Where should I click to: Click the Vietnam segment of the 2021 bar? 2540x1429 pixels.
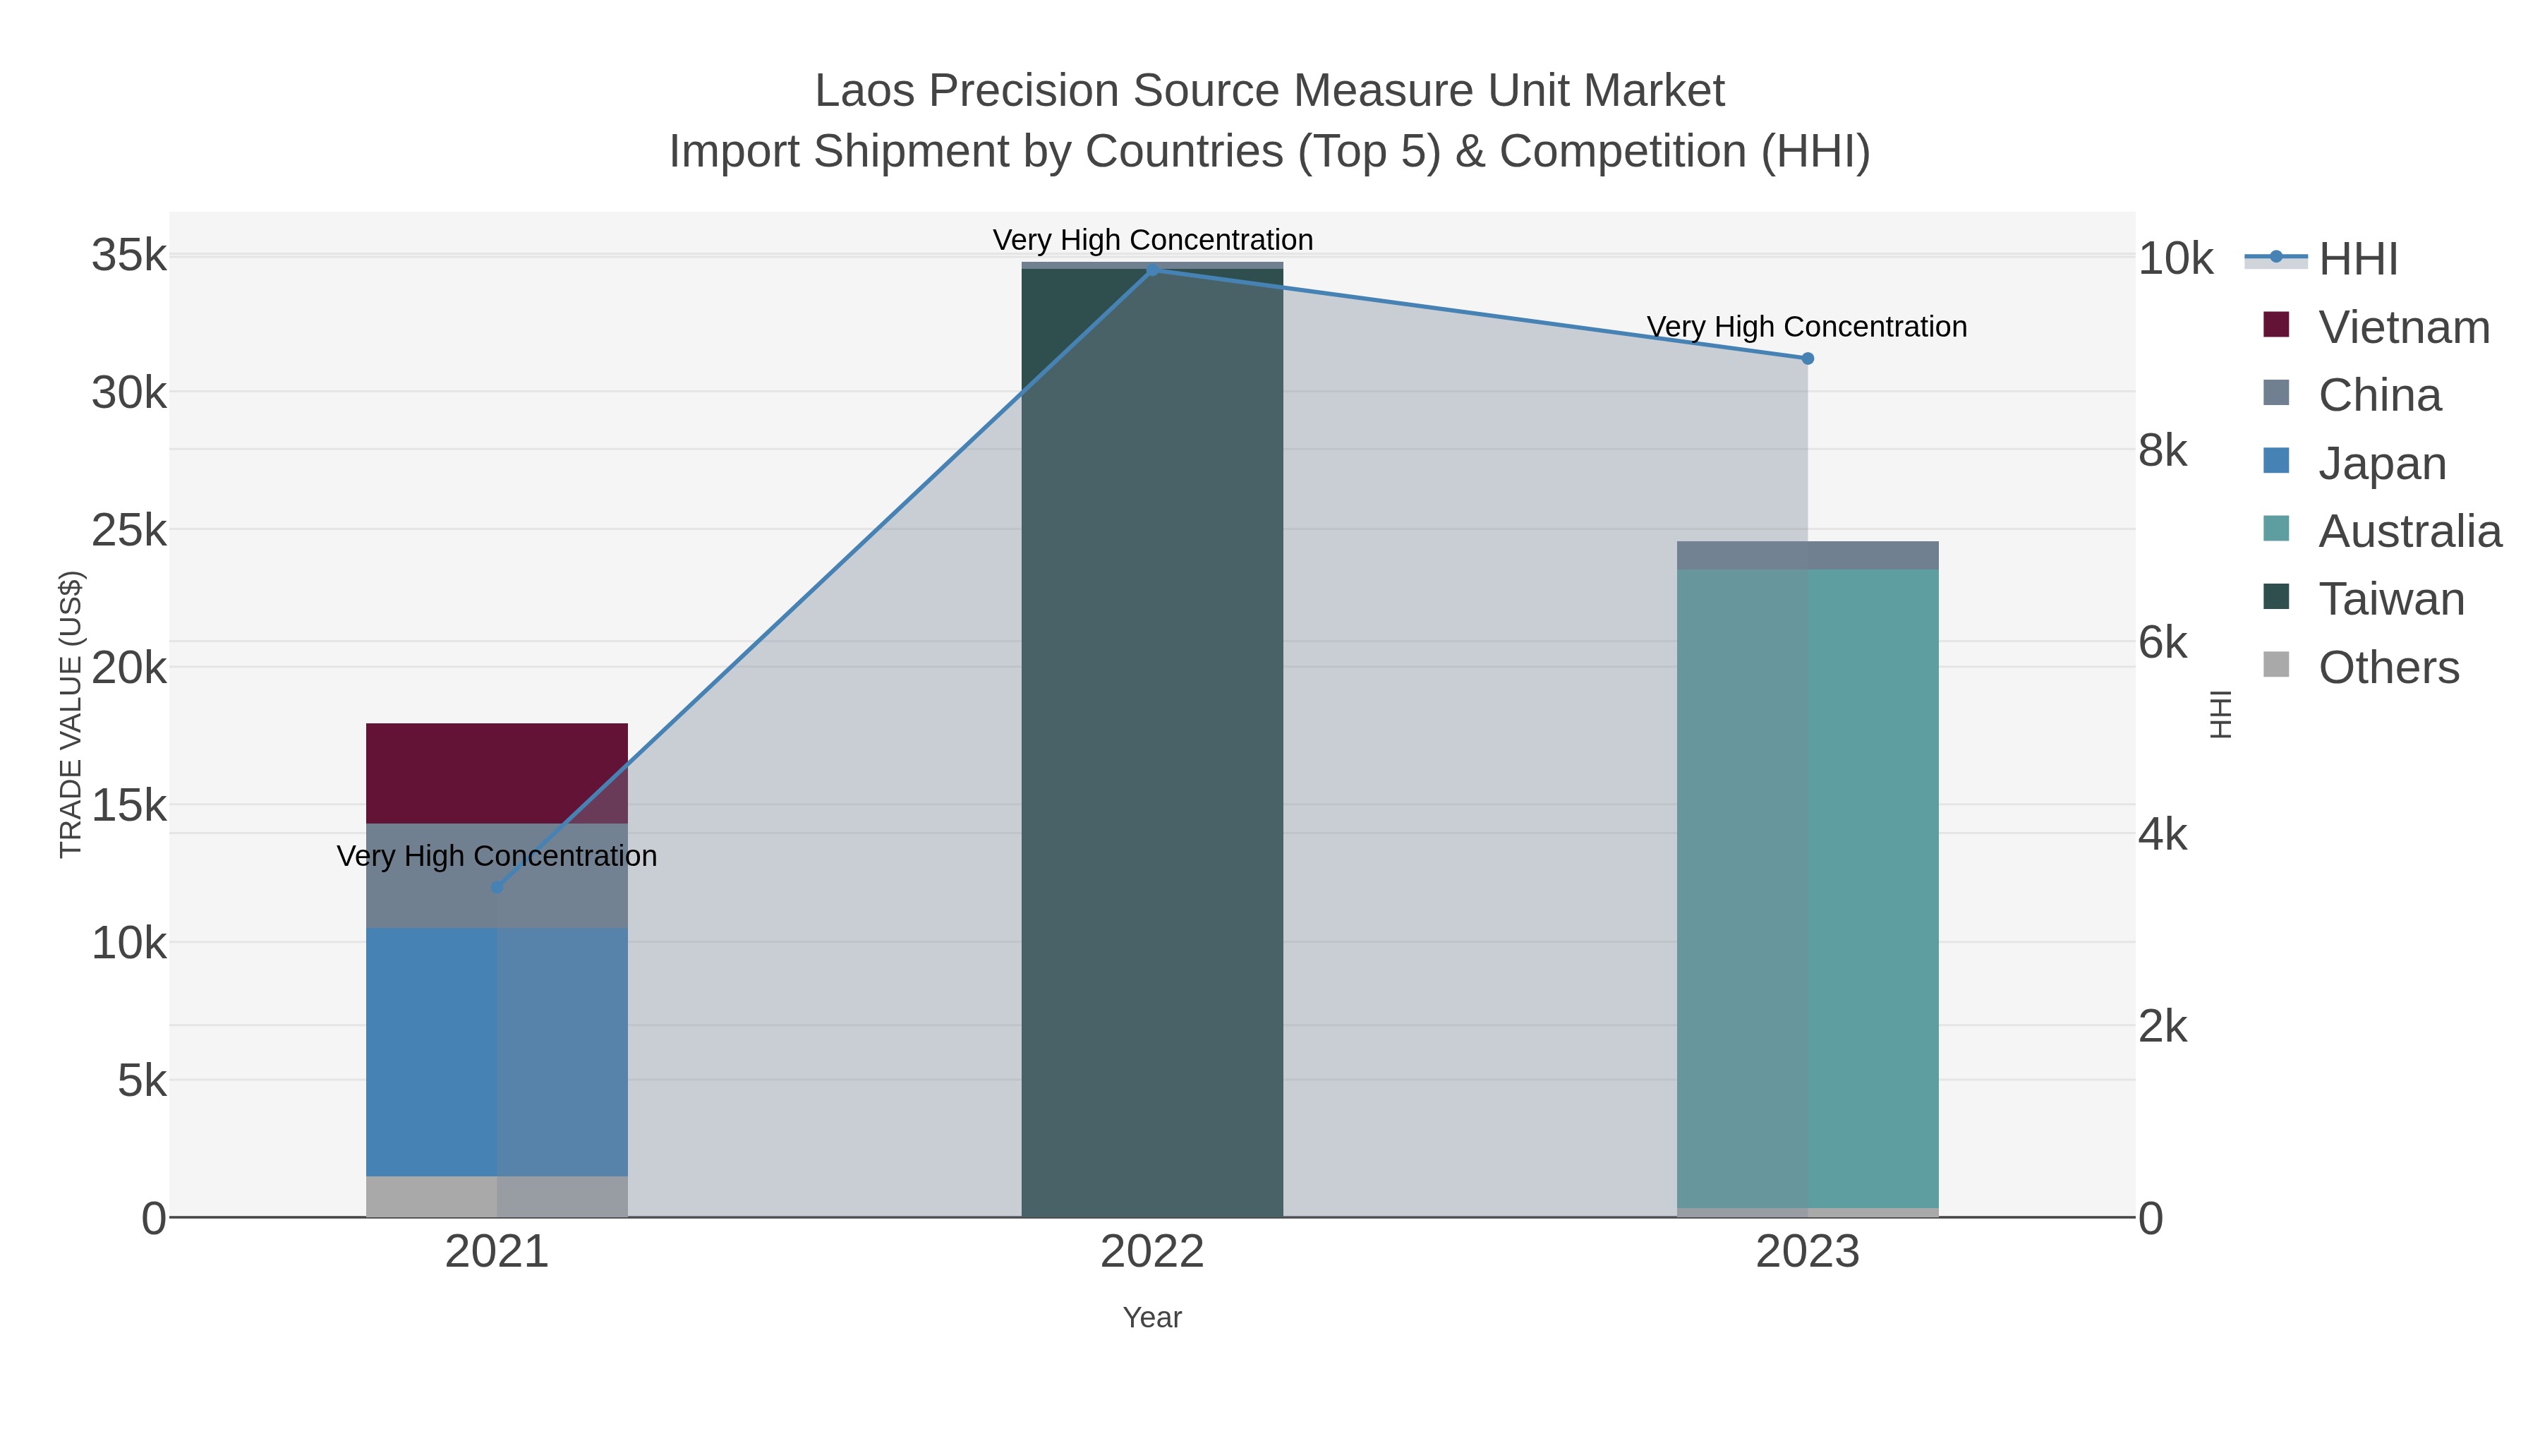pyautogui.click(x=497, y=773)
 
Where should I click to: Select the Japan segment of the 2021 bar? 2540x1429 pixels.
pyautogui.click(x=497, y=1051)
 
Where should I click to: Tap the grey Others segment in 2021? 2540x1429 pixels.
pyautogui.click(x=497, y=1196)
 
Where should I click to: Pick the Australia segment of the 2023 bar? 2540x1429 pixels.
pyautogui.click(x=1808, y=888)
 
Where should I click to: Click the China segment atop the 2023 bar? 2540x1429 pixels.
pyautogui.click(x=1808, y=555)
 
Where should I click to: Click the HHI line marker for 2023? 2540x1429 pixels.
pyautogui.click(x=1808, y=359)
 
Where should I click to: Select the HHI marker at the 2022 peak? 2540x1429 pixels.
pyautogui.click(x=1151, y=270)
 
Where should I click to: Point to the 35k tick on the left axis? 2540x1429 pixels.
pyautogui.click(x=128, y=255)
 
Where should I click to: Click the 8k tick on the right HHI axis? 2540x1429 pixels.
pyautogui.click(x=2163, y=451)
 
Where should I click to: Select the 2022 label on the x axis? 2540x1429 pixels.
pyautogui.click(x=1151, y=1251)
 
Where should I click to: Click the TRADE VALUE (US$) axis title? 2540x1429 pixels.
pyautogui.click(x=71, y=714)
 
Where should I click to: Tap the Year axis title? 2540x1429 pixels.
pyautogui.click(x=1151, y=1318)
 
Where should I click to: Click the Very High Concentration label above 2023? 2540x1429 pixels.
pyautogui.click(x=1806, y=327)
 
